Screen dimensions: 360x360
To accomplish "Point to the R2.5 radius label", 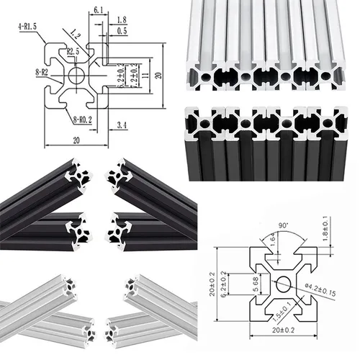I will pos(74,52).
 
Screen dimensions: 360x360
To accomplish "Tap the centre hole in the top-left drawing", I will pos(77,75).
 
